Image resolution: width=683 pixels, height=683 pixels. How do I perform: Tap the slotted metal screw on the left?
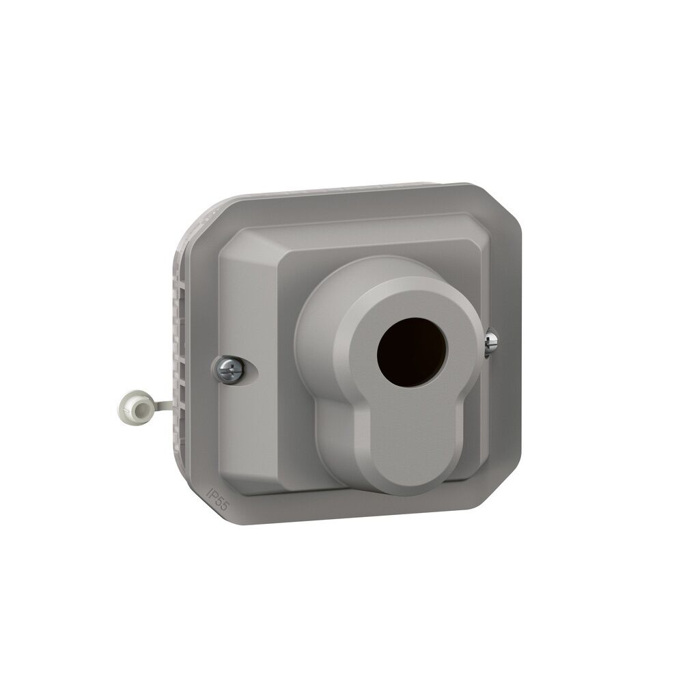tap(229, 370)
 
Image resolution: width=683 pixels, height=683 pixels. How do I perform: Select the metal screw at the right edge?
tap(490, 344)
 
